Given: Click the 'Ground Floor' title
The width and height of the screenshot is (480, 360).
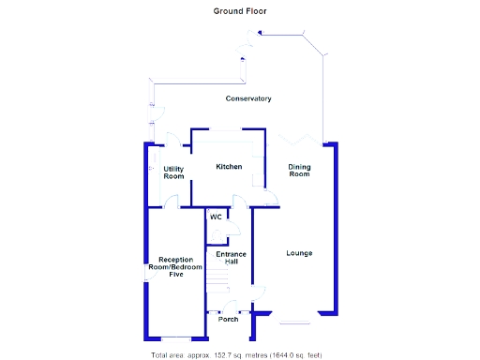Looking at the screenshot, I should click(x=239, y=11).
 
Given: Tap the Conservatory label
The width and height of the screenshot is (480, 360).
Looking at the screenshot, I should click(x=248, y=98).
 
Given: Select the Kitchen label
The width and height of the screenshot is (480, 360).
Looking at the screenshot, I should click(x=229, y=167).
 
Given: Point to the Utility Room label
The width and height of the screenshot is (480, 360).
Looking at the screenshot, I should click(x=173, y=172).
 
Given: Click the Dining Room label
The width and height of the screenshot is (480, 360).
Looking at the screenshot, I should click(x=298, y=171).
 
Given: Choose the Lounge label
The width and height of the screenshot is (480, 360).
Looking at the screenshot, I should click(x=299, y=253).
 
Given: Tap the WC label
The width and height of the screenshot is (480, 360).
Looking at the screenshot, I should click(x=216, y=217).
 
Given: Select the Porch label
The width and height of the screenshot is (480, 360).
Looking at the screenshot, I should click(x=228, y=320).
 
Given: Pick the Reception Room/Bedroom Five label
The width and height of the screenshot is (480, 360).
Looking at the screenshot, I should click(x=175, y=267).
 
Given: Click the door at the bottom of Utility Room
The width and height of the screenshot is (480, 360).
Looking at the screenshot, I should click(x=172, y=200).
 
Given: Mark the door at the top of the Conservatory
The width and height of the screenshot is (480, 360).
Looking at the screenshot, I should click(x=251, y=42).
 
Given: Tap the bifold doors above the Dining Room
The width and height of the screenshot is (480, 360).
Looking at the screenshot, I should click(x=300, y=139).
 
